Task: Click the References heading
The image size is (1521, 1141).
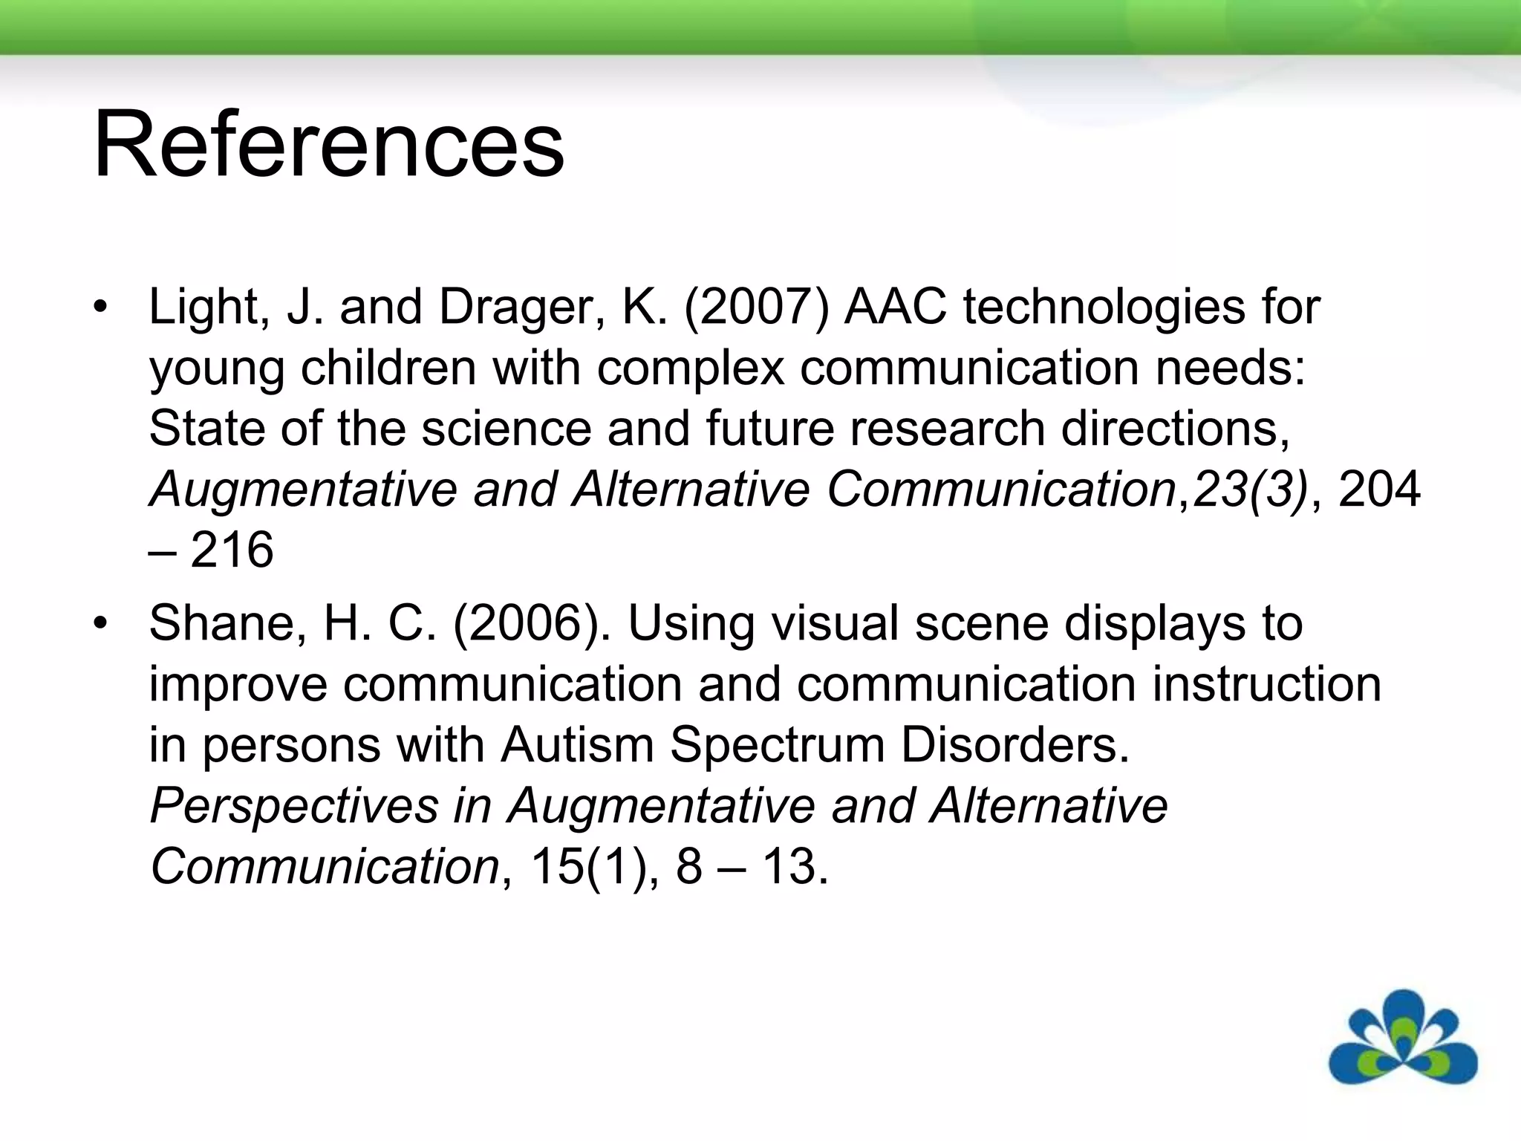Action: point(328,144)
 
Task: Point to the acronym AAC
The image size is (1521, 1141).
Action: point(896,307)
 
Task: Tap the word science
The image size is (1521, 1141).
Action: point(506,429)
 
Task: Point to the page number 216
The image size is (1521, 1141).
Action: point(232,550)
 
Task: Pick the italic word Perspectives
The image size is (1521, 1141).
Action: point(294,806)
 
